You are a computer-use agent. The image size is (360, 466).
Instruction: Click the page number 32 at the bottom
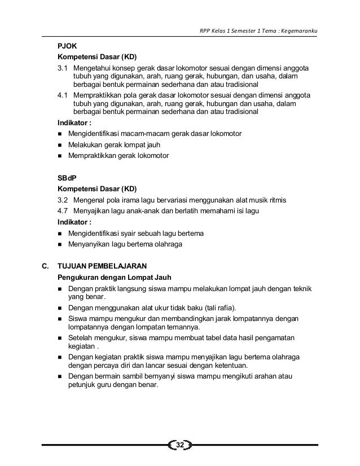click(180, 446)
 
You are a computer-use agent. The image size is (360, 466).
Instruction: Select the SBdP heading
click(67, 177)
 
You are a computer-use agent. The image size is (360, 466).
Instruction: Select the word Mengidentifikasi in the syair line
click(93, 233)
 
